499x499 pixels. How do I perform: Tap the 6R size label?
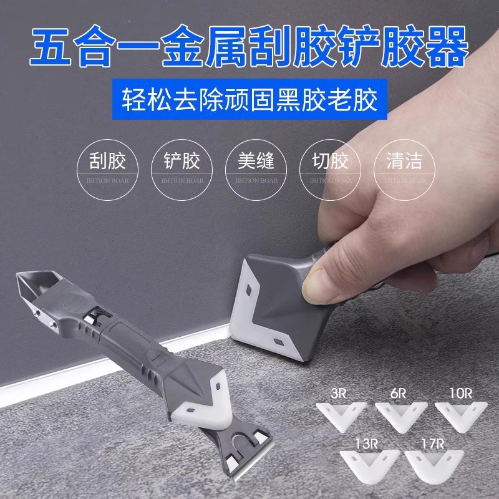pyautogui.click(x=399, y=394)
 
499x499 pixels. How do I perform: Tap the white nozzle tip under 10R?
pyautogui.click(x=460, y=412)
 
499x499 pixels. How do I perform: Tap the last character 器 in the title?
pyautogui.click(x=447, y=47)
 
